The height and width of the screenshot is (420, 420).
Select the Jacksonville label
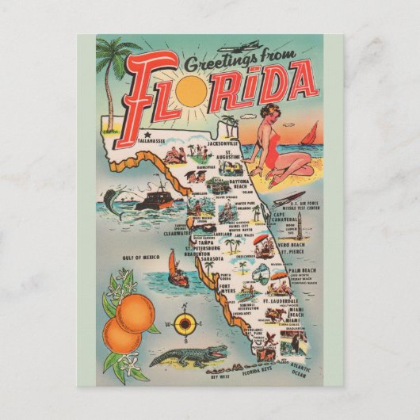pos(223,143)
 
